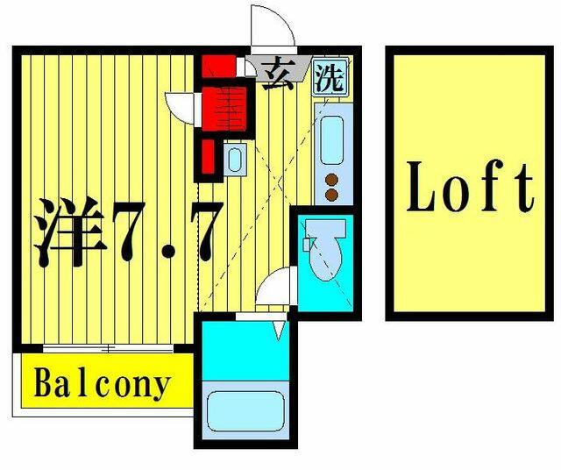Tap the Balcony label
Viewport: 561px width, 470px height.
[x=103, y=386]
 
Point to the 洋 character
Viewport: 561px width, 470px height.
[x=70, y=231]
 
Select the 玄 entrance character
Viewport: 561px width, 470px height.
[x=278, y=74]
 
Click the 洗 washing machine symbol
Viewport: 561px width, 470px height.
[x=330, y=78]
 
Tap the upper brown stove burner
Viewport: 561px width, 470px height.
[x=332, y=180]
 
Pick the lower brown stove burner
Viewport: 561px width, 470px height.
[x=332, y=195]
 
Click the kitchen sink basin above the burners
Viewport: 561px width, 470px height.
[x=331, y=140]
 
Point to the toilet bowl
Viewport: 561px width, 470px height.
[x=325, y=259]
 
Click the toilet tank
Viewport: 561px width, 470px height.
[x=326, y=229]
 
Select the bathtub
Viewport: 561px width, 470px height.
[x=245, y=411]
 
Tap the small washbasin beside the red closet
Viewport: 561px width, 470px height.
[x=235, y=160]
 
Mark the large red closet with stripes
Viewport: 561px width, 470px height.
[x=224, y=109]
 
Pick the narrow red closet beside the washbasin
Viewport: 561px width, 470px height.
[x=209, y=156]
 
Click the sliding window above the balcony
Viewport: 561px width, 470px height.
[x=108, y=348]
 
